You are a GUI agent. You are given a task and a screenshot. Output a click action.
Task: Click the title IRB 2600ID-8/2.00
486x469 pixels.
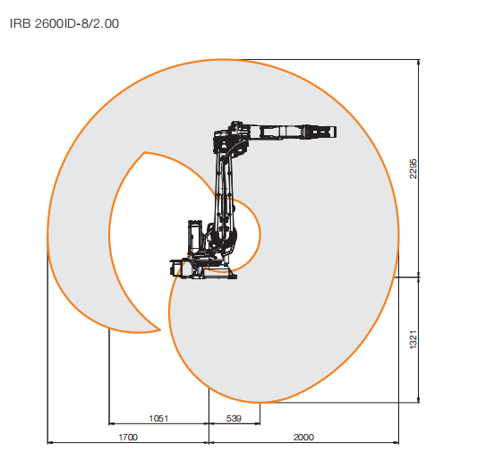[x=64, y=23]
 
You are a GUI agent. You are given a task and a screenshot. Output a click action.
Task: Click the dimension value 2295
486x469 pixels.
[x=414, y=169]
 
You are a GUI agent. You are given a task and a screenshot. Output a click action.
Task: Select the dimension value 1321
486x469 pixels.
[x=414, y=340]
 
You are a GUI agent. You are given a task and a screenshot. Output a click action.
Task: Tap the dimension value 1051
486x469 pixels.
[x=158, y=419]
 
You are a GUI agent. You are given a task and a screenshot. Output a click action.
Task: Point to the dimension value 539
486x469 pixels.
[x=234, y=419]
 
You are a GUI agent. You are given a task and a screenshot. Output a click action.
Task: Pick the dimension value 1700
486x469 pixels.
[x=128, y=438]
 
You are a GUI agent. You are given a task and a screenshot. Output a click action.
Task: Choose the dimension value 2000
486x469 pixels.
[x=303, y=438]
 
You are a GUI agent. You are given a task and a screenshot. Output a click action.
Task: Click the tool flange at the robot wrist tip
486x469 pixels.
[x=332, y=132]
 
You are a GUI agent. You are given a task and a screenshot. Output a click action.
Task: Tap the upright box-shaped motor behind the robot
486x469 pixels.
[x=195, y=237]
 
